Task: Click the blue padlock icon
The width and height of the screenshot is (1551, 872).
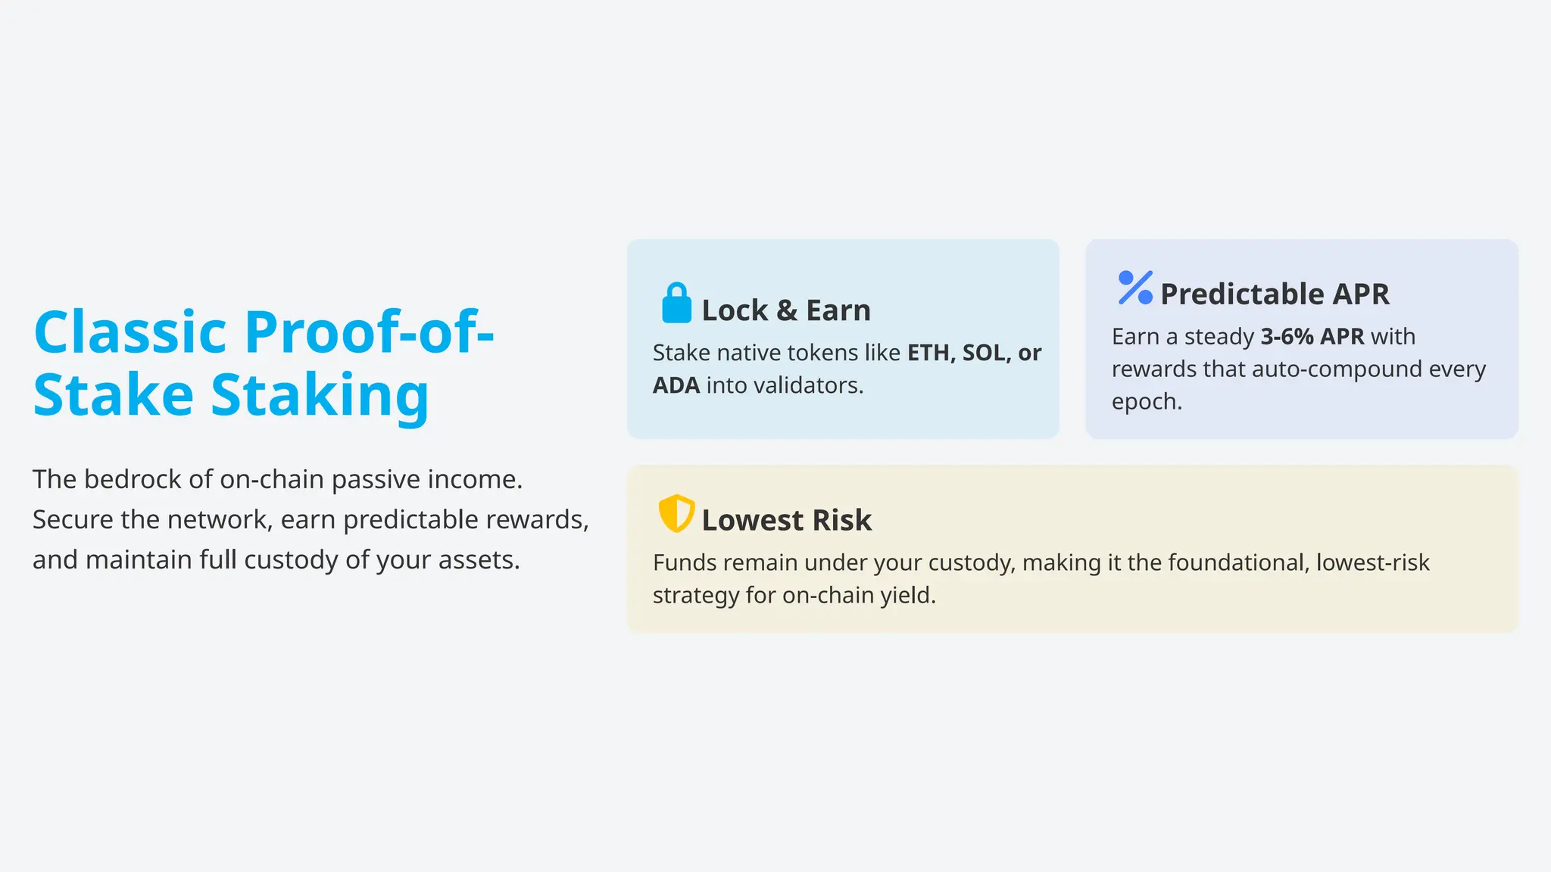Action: pos(676,304)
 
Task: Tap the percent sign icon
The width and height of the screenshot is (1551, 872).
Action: pos(1134,288)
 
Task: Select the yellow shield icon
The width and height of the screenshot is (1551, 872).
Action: pos(676,514)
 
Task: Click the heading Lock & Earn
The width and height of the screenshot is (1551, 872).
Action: pos(785,310)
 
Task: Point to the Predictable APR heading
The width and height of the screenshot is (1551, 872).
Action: pos(1274,294)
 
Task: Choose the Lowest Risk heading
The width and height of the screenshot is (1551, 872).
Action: pos(786,520)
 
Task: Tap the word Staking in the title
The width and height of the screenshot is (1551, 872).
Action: pos(320,394)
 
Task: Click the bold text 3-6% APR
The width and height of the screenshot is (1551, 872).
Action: pos(1312,336)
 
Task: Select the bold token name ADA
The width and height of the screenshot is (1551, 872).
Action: pos(676,385)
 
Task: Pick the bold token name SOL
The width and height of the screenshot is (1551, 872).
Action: pos(984,353)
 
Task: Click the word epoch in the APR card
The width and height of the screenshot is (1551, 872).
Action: pos(1146,401)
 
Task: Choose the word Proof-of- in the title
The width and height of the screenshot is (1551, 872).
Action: pos(369,332)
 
